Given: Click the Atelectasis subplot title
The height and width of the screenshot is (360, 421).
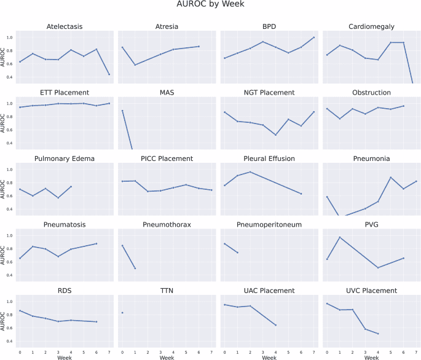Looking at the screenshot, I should click(65, 26).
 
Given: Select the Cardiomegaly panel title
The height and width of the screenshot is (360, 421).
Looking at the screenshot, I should click(371, 26).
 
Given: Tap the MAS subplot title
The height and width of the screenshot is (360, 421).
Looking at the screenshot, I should click(167, 93).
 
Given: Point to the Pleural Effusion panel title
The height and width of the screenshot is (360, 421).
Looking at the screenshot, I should click(269, 158).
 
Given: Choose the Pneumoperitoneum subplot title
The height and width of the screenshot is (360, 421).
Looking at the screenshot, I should click(269, 225).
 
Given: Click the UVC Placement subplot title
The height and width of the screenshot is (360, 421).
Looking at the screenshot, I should click(371, 291).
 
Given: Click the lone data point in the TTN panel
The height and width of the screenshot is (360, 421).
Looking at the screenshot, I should click(122, 313).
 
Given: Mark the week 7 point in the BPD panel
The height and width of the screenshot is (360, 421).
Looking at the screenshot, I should click(314, 37).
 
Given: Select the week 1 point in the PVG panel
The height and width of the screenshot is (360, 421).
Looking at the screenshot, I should click(339, 237).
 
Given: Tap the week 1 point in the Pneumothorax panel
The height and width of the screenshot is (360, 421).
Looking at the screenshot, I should click(135, 268).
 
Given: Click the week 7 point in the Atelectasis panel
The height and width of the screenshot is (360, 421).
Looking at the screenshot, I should click(109, 74).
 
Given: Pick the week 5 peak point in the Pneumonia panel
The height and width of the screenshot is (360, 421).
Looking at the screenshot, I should click(390, 178).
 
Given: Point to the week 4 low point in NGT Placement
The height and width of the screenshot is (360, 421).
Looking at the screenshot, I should click(276, 135).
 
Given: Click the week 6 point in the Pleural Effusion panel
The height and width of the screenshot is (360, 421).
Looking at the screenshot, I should click(301, 194).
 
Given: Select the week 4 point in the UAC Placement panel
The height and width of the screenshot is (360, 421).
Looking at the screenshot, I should click(276, 325).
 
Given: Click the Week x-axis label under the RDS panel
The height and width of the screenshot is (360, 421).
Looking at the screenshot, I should click(65, 356).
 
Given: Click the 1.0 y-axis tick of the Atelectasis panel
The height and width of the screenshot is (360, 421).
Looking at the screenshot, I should click(9, 37).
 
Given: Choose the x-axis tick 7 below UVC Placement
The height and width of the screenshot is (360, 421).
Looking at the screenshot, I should click(416, 351).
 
